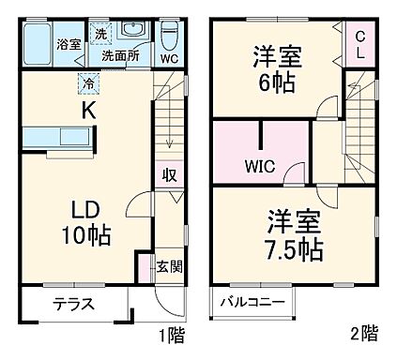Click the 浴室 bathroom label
(67, 44)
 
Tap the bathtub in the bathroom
(37, 44)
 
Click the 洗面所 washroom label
(119, 54)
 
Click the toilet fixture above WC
(170, 34)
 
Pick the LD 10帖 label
(86, 221)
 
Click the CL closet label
(359, 45)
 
